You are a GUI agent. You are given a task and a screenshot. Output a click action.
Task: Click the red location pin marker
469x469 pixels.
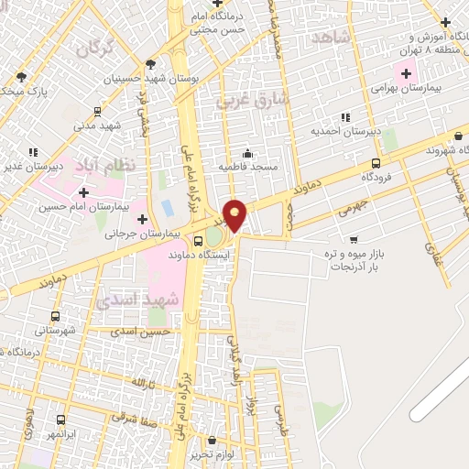pos(235,215)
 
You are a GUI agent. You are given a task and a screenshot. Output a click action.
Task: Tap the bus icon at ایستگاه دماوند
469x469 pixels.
pos(200,242)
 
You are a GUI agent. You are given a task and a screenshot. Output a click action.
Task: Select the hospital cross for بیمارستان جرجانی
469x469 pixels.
pos(142,219)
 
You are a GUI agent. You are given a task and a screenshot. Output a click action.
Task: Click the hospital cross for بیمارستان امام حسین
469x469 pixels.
pos(84,192)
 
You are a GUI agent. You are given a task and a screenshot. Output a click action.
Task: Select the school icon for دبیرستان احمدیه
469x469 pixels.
pos(345,116)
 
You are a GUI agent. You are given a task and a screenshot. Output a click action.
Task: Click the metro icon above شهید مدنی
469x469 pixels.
pos(96,110)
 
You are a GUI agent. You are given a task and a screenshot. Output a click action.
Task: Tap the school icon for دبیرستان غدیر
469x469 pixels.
pos(33,152)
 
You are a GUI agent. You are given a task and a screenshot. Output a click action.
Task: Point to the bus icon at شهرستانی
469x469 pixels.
pos(56,316)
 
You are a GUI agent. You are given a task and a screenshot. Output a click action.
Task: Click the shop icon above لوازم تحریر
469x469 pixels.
pos(212,440)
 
